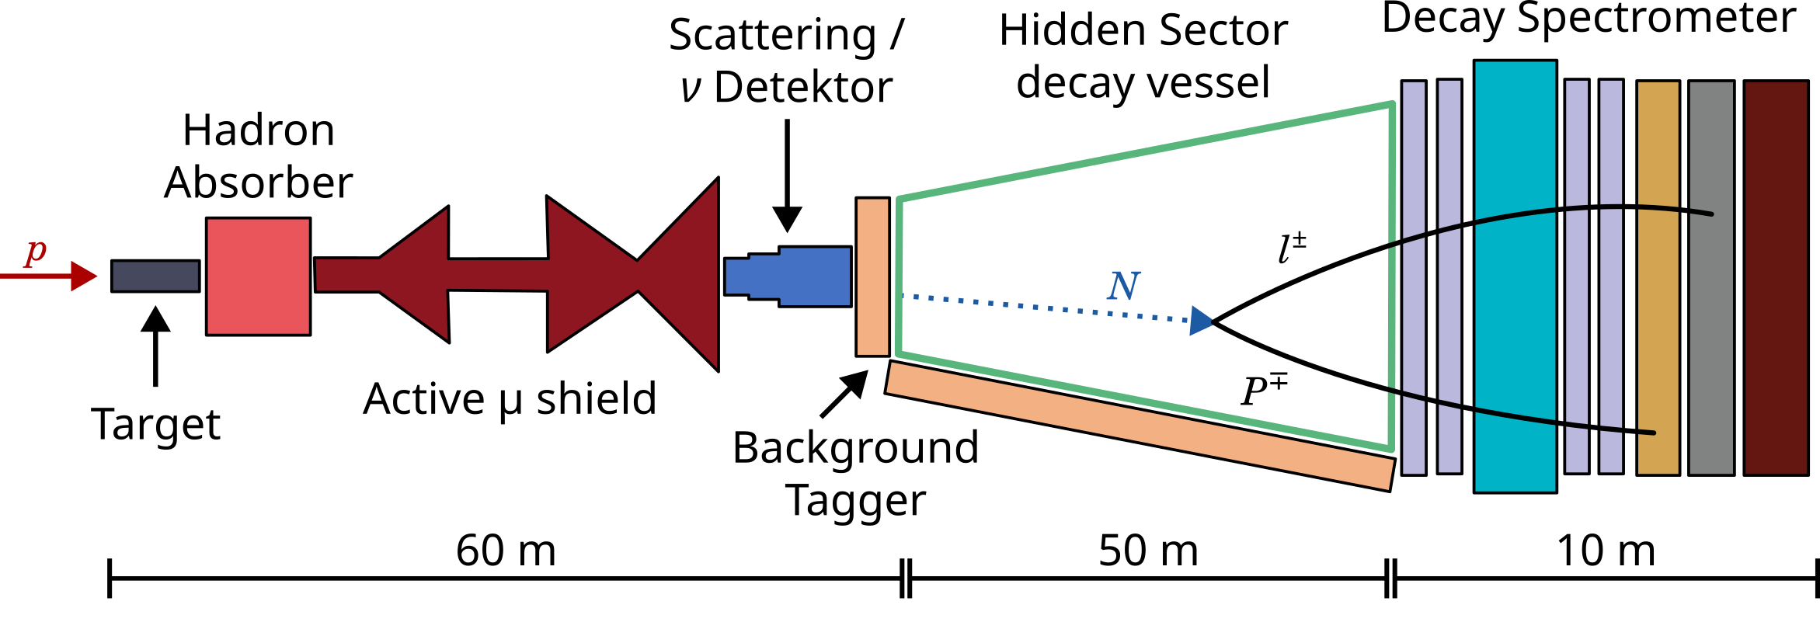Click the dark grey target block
click(x=155, y=276)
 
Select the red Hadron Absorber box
click(x=259, y=276)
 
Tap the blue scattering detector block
click(x=788, y=276)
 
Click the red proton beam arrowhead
click(x=84, y=276)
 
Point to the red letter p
click(x=36, y=251)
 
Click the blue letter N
click(x=1123, y=286)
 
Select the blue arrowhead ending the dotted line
click(x=1202, y=321)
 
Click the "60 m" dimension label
click(x=506, y=551)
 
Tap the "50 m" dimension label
click(x=1148, y=551)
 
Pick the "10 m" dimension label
click(x=1606, y=551)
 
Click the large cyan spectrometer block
click(x=1515, y=276)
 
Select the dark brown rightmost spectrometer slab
click(x=1776, y=277)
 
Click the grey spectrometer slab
click(x=1711, y=277)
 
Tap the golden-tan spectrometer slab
click(x=1658, y=277)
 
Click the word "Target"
click(x=155, y=425)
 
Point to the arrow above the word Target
click(x=155, y=346)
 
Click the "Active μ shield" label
click(x=510, y=400)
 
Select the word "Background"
click(x=855, y=447)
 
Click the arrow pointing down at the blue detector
click(x=787, y=176)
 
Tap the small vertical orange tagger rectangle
click(x=872, y=276)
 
